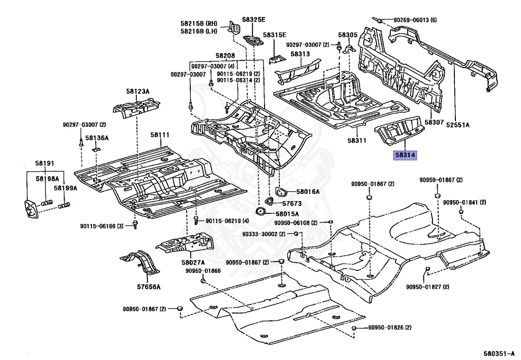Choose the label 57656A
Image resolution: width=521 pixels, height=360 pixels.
(148, 287)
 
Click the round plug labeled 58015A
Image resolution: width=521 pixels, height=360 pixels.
(261, 212)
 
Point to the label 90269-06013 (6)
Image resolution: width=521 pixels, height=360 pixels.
(415, 20)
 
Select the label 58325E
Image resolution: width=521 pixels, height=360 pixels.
(253, 19)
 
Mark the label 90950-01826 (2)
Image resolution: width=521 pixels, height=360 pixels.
(390, 327)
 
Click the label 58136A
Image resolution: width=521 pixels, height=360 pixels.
(97, 137)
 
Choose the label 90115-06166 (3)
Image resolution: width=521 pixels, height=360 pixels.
(102, 226)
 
